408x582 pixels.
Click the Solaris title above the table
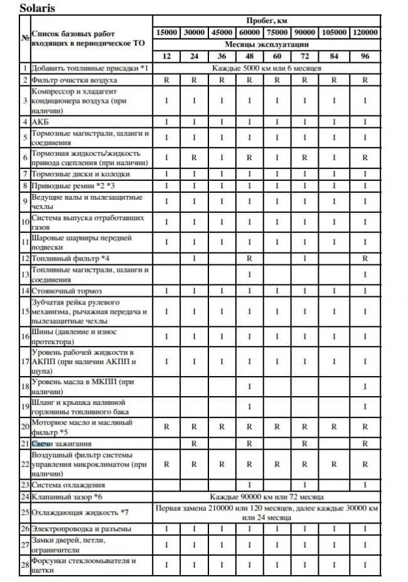tap(37, 9)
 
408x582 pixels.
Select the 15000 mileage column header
tap(166, 33)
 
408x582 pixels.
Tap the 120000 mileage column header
tap(365, 33)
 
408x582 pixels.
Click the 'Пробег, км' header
tap(266, 21)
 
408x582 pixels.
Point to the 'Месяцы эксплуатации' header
tap(266, 45)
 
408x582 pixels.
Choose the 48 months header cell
tap(249, 57)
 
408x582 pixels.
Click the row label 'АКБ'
tap(40, 121)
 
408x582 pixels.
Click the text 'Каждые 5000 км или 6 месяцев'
tap(266, 68)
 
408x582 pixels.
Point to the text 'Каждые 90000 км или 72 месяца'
tap(266, 496)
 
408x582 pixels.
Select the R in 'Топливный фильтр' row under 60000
tap(249, 258)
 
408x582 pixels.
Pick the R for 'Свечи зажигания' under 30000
tap(195, 443)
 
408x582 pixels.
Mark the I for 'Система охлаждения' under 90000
tap(304, 485)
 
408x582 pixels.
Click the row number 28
tap(25, 565)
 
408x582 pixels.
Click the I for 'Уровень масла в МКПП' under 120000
tap(365, 387)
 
